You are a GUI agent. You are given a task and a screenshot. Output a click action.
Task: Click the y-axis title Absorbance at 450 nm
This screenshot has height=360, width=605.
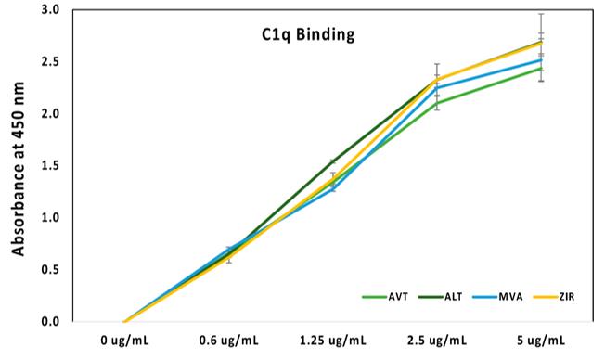click(17, 165)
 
